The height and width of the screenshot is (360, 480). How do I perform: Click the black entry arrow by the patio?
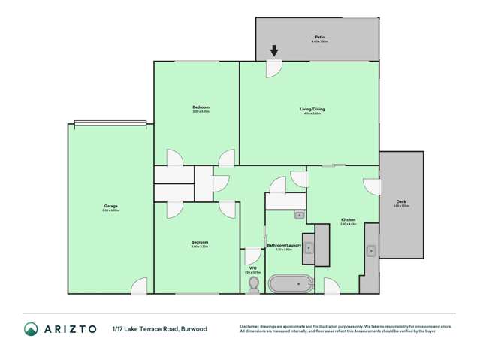[274, 52]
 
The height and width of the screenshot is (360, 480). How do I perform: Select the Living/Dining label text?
[312, 109]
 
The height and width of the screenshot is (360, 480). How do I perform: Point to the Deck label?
[401, 201]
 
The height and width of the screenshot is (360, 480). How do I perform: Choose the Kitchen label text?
[348, 220]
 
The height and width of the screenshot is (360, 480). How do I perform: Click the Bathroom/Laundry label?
[284, 245]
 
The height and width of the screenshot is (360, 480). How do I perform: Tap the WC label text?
[253, 268]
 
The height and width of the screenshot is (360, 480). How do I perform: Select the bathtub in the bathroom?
[291, 283]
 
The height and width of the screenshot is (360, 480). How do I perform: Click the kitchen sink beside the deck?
[370, 250]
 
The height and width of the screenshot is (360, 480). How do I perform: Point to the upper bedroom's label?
[201, 107]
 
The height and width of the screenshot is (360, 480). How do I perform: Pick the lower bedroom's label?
[199, 242]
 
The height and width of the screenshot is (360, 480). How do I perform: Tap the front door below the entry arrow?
[274, 69]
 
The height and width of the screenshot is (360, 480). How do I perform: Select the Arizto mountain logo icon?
[32, 328]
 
